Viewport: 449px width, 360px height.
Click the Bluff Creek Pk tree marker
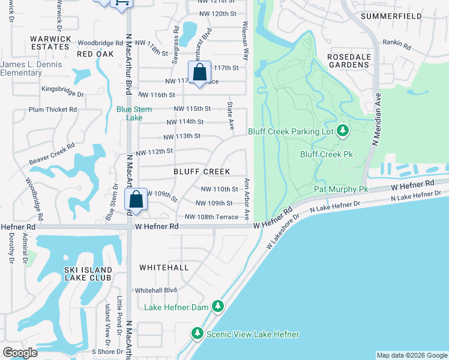tap(342, 130)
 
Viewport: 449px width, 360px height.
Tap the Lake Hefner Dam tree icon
tap(217, 307)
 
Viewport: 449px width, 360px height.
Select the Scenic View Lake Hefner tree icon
tap(197, 333)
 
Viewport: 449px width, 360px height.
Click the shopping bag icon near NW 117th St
tap(199, 73)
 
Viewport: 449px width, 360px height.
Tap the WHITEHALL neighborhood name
tap(164, 267)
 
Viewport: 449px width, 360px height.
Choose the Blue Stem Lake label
tap(133, 113)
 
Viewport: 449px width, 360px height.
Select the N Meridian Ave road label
tap(378, 123)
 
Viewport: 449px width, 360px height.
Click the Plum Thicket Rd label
tap(53, 110)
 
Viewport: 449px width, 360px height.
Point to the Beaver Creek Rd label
tap(52, 154)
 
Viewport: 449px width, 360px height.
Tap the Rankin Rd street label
tap(398, 45)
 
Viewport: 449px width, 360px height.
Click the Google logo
tap(20, 353)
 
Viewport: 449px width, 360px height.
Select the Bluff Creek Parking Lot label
tap(291, 131)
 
